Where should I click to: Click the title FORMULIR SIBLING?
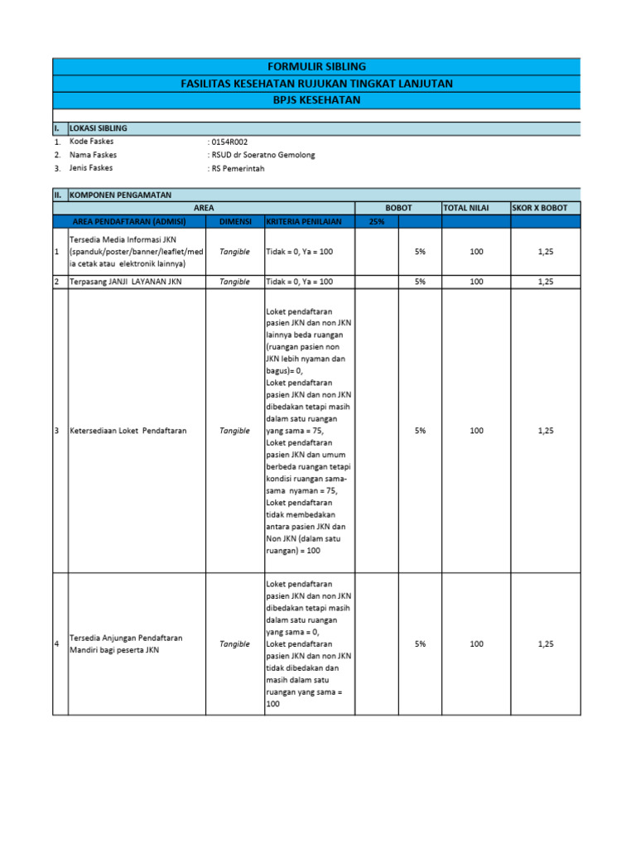tap(316, 66)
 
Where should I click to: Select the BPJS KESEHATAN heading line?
tap(316, 100)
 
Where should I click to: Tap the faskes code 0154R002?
tap(229, 142)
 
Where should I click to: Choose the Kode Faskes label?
tap(93, 142)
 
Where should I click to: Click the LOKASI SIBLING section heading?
tap(99, 128)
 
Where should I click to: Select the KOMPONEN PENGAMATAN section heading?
tap(120, 195)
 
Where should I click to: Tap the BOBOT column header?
tap(398, 208)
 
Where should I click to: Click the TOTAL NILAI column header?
tap(467, 208)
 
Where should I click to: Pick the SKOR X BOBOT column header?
tap(540, 208)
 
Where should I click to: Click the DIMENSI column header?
tap(234, 221)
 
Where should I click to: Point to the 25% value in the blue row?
tap(376, 221)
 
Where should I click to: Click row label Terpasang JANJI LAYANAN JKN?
tap(126, 282)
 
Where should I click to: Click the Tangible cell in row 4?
tap(234, 643)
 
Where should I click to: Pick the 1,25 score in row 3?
tap(545, 431)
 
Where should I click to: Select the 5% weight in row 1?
tap(420, 252)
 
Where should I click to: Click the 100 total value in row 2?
tap(476, 282)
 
